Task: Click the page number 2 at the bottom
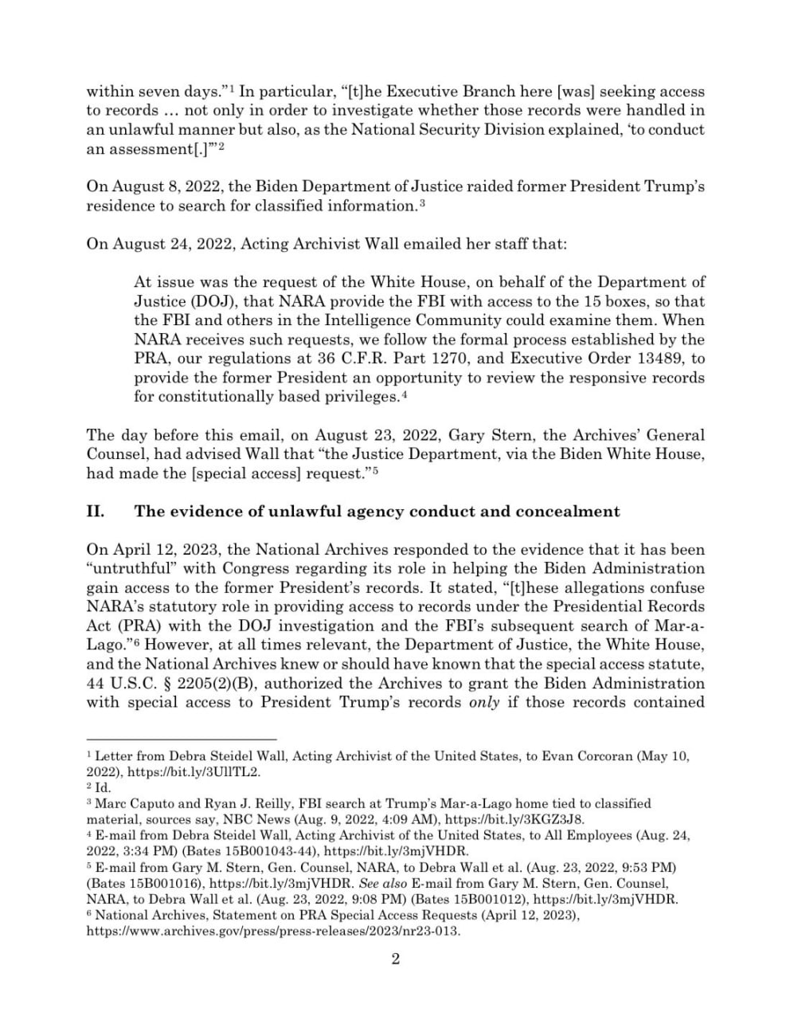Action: [x=396, y=959]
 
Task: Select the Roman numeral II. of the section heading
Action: [x=96, y=512]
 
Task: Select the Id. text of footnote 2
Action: [x=103, y=787]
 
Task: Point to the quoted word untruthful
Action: [x=133, y=569]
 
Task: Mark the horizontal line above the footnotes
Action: [x=182, y=739]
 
